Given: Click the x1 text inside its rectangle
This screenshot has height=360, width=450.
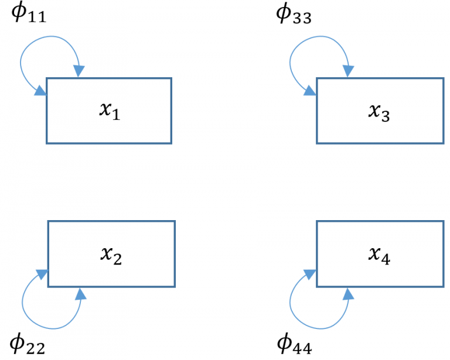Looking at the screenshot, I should [x=109, y=111].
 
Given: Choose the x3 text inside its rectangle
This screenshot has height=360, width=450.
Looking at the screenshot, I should [x=379, y=111].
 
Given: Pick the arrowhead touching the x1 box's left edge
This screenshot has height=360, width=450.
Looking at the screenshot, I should [x=40, y=91].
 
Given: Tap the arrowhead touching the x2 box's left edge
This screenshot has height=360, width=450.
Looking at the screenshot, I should [x=42, y=274].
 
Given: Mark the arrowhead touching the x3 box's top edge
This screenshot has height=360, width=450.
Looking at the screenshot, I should [x=349, y=71].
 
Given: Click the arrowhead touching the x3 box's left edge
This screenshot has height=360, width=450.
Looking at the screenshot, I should [x=310, y=91].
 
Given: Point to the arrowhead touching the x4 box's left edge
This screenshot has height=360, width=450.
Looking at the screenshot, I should [x=311, y=274].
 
